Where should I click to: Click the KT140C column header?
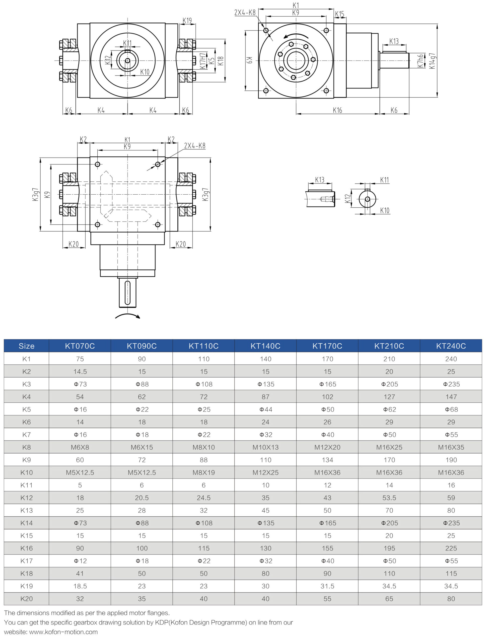pos(265,346)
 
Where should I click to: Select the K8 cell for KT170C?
pos(327,447)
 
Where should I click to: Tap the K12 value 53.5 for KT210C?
pos(389,498)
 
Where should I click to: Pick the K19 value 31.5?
pos(327,586)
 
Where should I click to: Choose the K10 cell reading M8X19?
pos(204,473)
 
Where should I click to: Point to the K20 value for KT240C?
pos(451,599)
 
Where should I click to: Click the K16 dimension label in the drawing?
pos(337,110)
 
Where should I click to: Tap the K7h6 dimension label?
pos(421,61)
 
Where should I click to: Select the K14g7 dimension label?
pos(432,61)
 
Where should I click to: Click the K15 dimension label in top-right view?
pos(340,14)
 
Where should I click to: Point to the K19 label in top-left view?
pos(187,20)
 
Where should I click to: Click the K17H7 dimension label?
pos(203,60)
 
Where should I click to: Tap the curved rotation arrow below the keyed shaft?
pos(127,316)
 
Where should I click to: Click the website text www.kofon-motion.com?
pos(63,632)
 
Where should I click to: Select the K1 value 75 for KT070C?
pos(80,359)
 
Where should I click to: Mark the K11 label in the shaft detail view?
pos(384,180)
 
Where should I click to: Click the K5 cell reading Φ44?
pos(265,409)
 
